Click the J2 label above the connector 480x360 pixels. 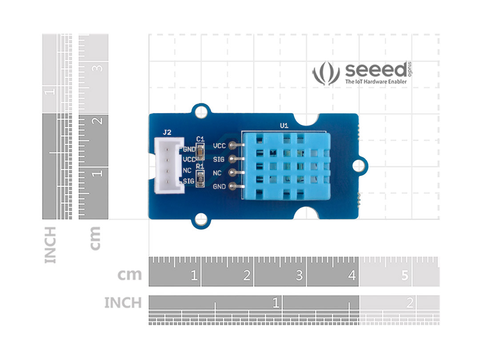(167, 132)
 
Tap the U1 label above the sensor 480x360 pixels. (284, 126)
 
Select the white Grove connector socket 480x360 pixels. (168, 165)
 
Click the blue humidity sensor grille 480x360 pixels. (284, 165)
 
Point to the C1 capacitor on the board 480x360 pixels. (200, 152)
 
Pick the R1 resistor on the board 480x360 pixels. (200, 179)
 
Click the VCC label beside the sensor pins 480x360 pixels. (219, 145)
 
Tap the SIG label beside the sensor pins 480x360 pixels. (219, 159)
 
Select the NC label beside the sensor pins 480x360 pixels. (217, 172)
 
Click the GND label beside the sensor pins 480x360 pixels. (219, 186)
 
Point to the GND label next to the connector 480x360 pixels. (189, 149)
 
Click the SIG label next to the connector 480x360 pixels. (188, 181)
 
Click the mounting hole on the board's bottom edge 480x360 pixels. (201, 220)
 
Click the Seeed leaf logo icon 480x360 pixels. (326, 73)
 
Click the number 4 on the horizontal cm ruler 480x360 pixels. (352, 276)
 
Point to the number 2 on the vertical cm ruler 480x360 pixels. (98, 120)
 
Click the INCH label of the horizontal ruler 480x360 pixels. (123, 303)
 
